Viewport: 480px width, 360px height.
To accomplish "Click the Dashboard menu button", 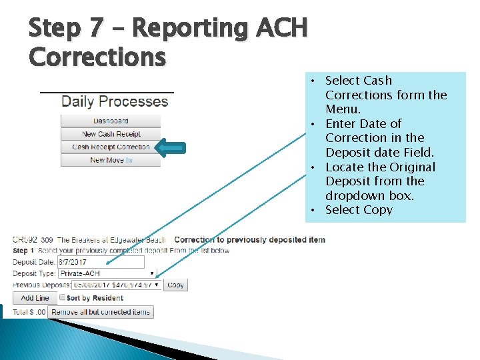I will (x=111, y=121).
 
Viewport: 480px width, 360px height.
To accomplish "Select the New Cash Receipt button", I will (x=111, y=134).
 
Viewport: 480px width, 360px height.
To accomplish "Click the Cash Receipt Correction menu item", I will (x=111, y=147).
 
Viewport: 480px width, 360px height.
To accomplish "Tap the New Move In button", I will (x=111, y=160).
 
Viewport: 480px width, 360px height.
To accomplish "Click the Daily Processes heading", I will (x=115, y=101).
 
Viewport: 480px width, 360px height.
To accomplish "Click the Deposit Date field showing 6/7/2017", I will (x=101, y=262).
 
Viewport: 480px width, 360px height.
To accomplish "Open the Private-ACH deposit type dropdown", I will (x=107, y=273).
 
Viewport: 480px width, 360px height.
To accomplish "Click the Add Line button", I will (x=35, y=298).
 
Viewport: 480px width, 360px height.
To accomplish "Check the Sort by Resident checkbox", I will (x=63, y=297).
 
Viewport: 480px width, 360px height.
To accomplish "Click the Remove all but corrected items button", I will (x=101, y=311).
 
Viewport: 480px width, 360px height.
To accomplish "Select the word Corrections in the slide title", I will (x=97, y=57).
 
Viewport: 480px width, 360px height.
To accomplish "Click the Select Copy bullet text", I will (x=359, y=210).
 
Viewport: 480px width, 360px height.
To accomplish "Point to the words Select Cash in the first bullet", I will (x=359, y=81).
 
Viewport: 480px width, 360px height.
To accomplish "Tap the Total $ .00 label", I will (x=29, y=312).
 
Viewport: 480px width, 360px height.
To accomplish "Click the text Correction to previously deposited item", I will (x=249, y=239).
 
